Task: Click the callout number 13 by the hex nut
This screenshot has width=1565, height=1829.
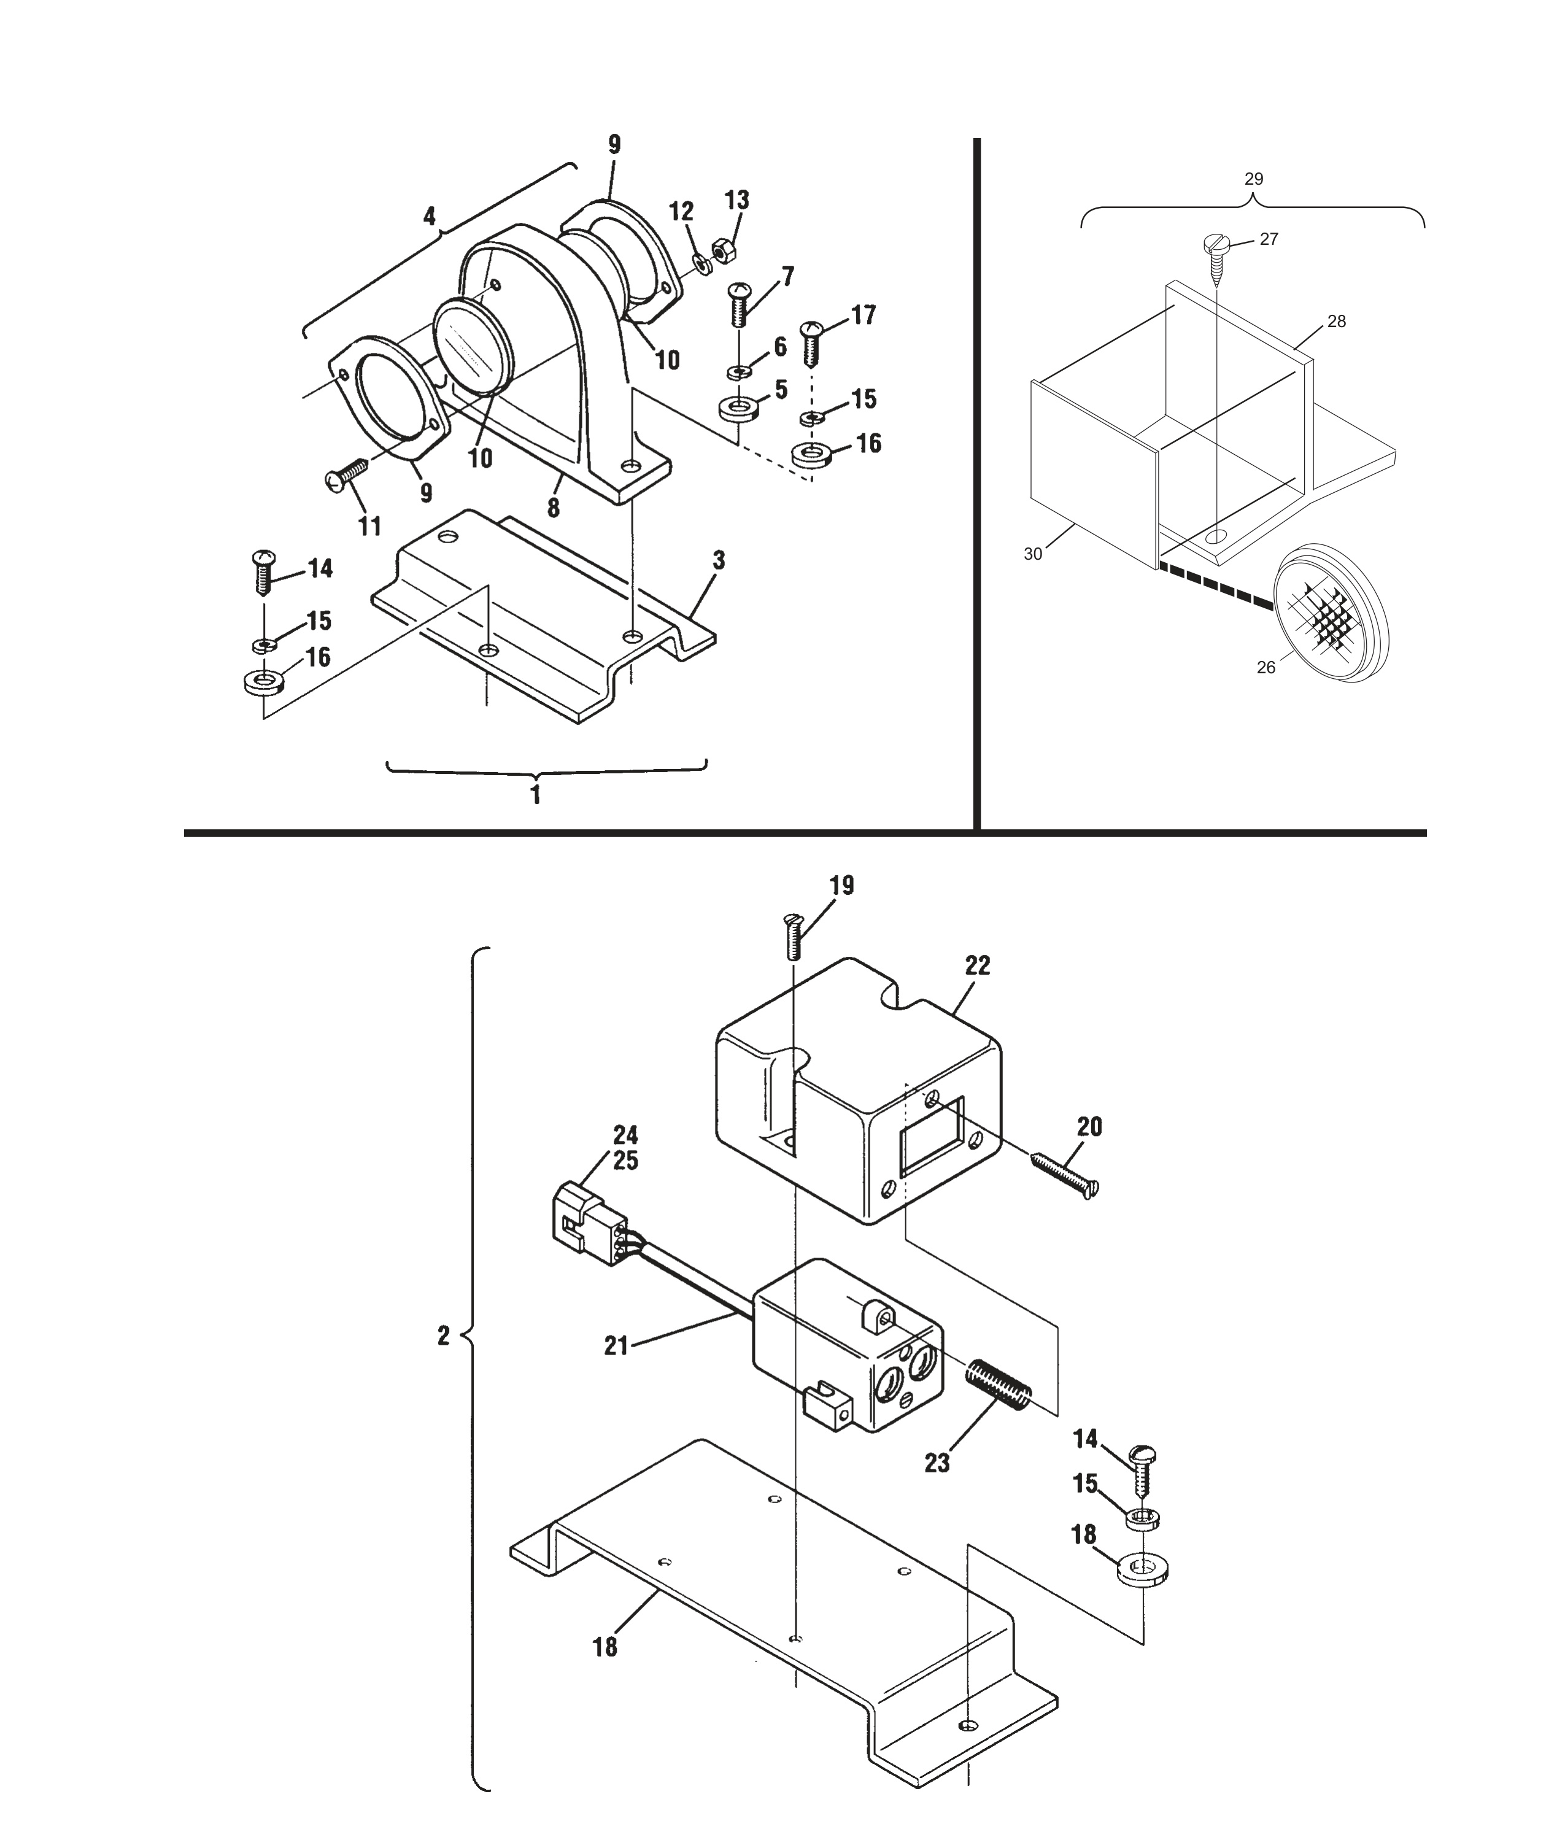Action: click(x=737, y=200)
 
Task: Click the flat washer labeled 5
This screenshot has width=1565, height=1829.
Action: click(x=733, y=409)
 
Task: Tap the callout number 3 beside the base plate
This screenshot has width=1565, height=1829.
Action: click(x=719, y=560)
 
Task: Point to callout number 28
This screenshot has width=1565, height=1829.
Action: click(x=1336, y=322)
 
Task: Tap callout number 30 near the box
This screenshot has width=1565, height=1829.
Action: click(x=1033, y=554)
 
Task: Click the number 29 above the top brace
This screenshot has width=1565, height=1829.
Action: click(x=1253, y=179)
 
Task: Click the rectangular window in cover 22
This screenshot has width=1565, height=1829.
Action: click(x=931, y=1136)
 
